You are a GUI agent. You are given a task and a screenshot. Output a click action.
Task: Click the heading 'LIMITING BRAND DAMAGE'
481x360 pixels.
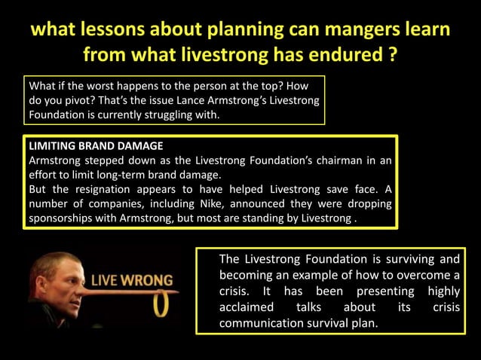[x=95, y=145]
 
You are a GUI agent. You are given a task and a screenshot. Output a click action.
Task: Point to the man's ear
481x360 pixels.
[x=44, y=283]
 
